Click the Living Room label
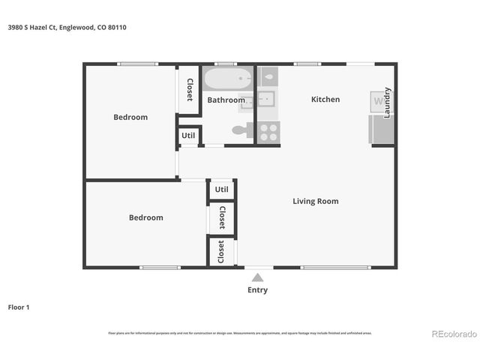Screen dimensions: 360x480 (315, 201)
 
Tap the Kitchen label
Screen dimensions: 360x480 (325, 99)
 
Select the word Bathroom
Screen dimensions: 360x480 (226, 100)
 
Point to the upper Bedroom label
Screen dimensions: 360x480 (130, 117)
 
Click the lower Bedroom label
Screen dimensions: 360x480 (145, 217)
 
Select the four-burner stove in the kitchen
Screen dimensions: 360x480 (268, 132)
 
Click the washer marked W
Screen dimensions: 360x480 (377, 100)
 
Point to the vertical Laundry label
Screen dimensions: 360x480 (388, 103)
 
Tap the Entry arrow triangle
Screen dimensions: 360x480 (257, 277)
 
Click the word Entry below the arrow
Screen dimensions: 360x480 (257, 290)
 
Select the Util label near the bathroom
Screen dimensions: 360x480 (188, 136)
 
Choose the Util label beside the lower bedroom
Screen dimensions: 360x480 (221, 190)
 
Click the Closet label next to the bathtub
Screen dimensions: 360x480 (190, 90)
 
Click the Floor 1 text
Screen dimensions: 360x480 (19, 307)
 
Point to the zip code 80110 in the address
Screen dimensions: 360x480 (116, 27)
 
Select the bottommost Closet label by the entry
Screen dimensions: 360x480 (221, 251)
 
